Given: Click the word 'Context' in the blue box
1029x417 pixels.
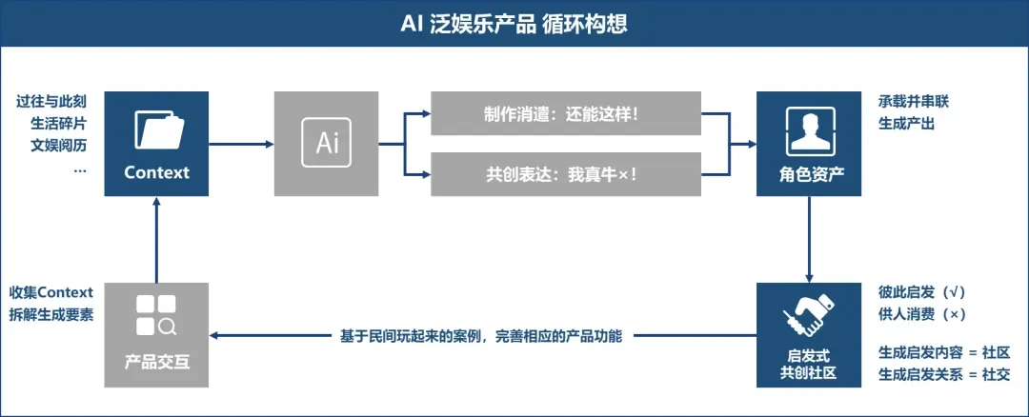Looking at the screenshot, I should click(x=156, y=173).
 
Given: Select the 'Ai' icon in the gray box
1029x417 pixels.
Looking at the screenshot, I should click(x=327, y=143).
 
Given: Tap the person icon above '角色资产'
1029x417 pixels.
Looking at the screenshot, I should click(x=808, y=131).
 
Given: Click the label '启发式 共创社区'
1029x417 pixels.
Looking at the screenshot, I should click(x=808, y=364).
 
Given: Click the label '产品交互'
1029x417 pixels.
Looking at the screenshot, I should click(x=156, y=363).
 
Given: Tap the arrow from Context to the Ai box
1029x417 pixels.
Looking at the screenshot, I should click(x=241, y=144).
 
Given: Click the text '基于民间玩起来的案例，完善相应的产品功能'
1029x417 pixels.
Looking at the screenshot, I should click(x=481, y=336).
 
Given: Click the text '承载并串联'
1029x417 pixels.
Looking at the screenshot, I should click(x=913, y=100).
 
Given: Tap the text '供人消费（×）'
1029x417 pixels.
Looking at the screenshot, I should click(x=922, y=314).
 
